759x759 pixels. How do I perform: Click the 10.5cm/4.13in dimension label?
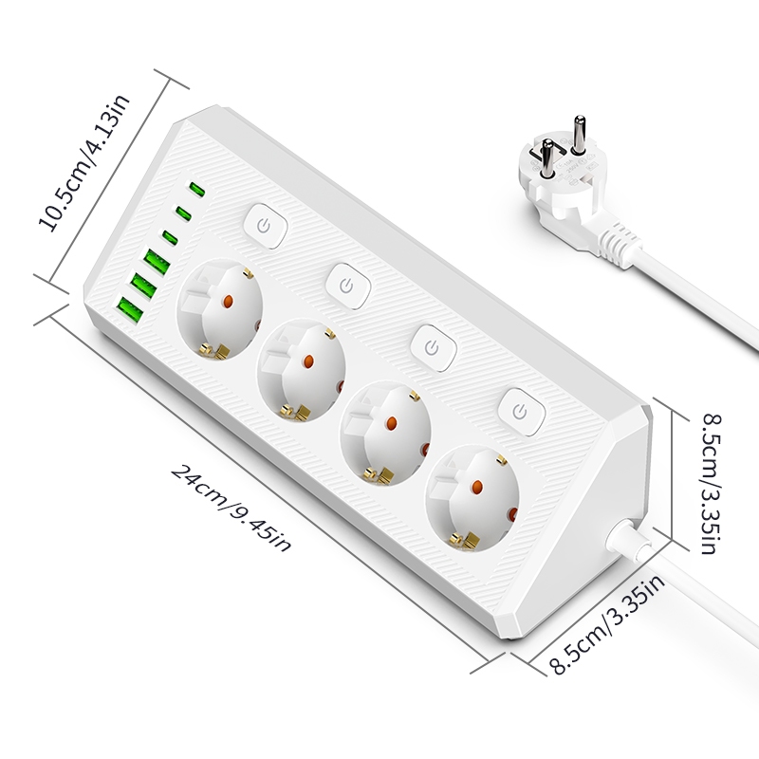(83, 161)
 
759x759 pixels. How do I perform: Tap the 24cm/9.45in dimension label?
(231, 508)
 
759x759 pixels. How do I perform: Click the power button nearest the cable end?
(521, 413)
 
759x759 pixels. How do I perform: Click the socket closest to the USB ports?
(219, 309)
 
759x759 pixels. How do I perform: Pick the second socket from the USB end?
(301, 370)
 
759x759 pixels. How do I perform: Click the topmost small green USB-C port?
(197, 190)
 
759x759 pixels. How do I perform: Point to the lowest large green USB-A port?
(129, 310)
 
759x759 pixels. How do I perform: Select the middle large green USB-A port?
(143, 287)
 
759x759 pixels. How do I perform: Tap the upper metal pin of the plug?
(579, 134)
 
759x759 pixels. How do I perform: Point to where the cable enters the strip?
(626, 536)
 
